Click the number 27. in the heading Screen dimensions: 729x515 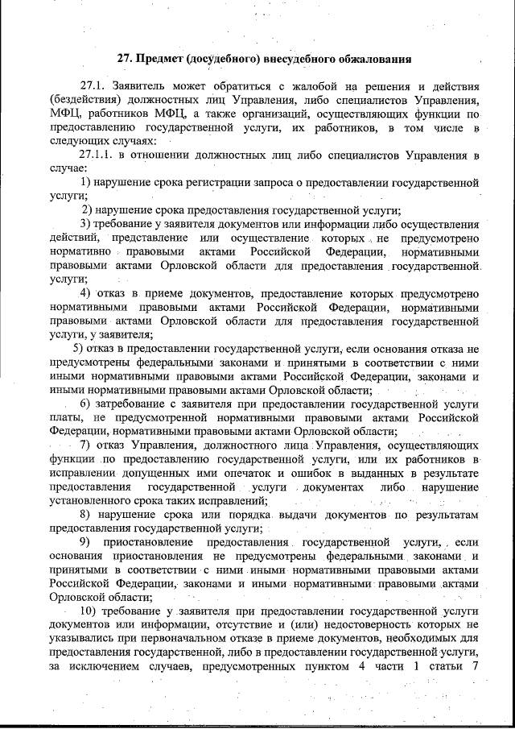pyautogui.click(x=126, y=58)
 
